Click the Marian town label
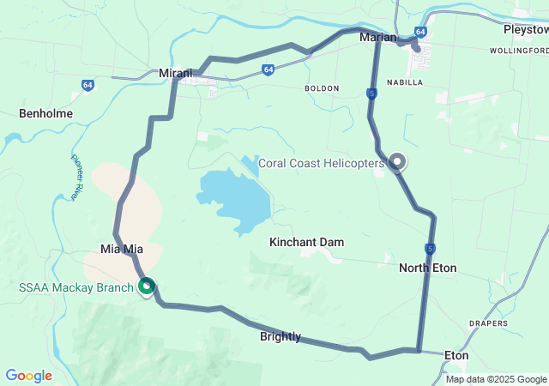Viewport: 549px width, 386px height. pyautogui.click(x=378, y=37)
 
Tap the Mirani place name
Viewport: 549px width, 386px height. pyautogui.click(x=175, y=74)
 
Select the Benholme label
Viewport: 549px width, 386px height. pyautogui.click(x=46, y=113)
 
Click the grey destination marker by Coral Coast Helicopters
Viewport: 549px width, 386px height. pyautogui.click(x=397, y=160)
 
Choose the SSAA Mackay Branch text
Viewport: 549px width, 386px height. pyautogui.click(x=75, y=287)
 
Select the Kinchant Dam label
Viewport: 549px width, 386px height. pyautogui.click(x=306, y=243)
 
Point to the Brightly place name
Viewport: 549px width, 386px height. pyautogui.click(x=281, y=337)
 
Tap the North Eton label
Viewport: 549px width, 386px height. pyautogui.click(x=427, y=268)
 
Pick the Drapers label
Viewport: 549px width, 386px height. pyautogui.click(x=487, y=323)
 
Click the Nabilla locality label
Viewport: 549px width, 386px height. pyautogui.click(x=404, y=82)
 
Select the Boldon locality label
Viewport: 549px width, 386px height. pyautogui.click(x=321, y=88)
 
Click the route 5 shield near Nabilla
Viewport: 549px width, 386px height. pyautogui.click(x=371, y=93)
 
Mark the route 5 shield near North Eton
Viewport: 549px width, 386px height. pyautogui.click(x=429, y=249)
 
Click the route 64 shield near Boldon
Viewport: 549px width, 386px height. pyautogui.click(x=268, y=69)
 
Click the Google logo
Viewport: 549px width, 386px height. pyautogui.click(x=28, y=376)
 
